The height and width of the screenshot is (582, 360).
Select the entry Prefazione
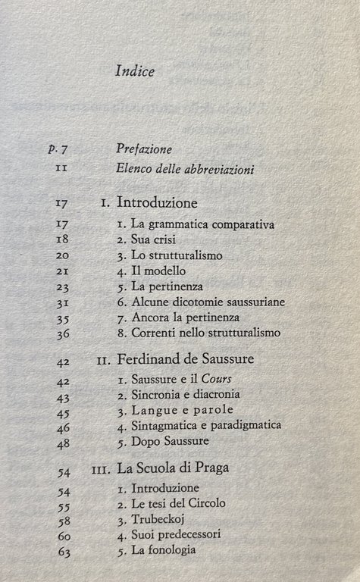point(145,149)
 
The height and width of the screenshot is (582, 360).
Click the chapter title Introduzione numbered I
point(158,203)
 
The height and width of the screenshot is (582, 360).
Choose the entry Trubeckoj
point(160,520)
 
